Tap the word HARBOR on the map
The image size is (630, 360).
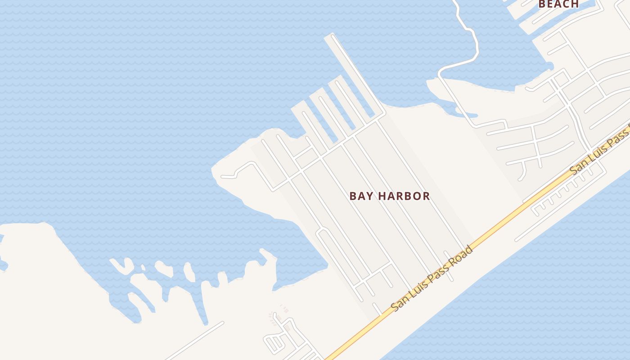[404, 196]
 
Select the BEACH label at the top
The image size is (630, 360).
[558, 4]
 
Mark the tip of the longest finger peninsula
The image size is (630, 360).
[330, 37]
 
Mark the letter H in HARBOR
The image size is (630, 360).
[382, 196]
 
